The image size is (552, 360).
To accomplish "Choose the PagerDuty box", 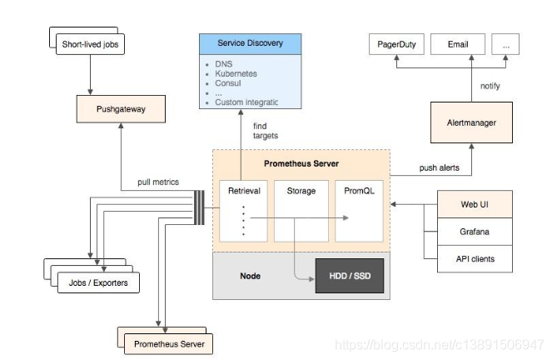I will (x=395, y=44).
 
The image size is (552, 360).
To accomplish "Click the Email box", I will (x=456, y=44).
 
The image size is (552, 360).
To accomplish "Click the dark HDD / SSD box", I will (x=349, y=276).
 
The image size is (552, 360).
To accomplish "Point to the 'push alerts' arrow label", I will (x=439, y=167).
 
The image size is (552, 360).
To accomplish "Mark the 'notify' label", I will (x=490, y=85).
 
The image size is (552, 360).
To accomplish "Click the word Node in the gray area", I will (x=251, y=276).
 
